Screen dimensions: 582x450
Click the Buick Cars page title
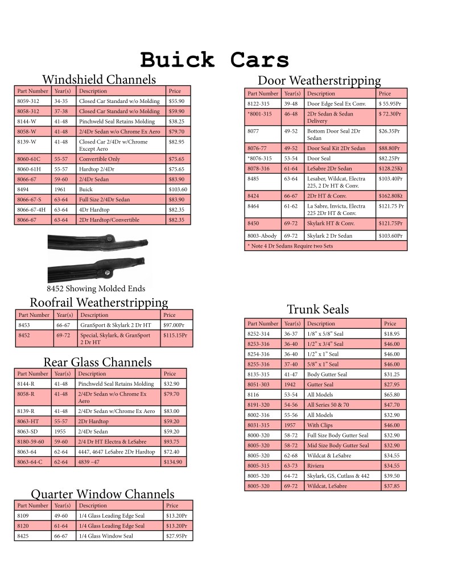[214, 60]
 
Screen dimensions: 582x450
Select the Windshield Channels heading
[99, 79]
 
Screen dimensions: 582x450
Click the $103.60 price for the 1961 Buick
[178, 189]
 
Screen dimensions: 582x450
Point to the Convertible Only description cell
[100, 159]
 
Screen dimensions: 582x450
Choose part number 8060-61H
[30, 169]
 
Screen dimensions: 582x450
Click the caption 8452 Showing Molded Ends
[96, 288]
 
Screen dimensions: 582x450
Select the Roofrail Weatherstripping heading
[99, 302]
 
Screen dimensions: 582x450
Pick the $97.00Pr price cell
[175, 325]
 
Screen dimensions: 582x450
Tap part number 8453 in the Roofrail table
[26, 325]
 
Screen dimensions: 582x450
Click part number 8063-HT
[29, 422]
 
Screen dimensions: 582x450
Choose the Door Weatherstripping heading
[319, 80]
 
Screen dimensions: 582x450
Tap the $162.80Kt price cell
[390, 196]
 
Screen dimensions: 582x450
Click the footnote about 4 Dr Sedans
[290, 246]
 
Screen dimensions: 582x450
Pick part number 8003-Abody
[262, 236]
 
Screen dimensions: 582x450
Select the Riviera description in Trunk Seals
[316, 466]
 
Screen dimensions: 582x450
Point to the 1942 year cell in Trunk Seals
[291, 385]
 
